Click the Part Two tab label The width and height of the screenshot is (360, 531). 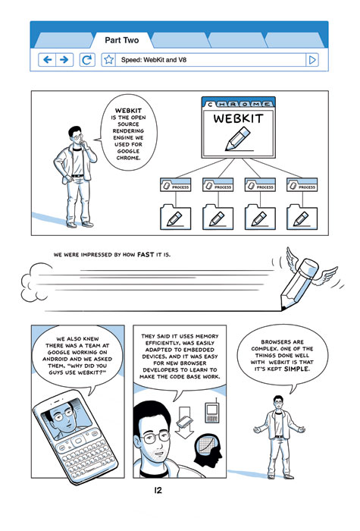[x=122, y=40]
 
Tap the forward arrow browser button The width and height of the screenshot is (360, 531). [x=64, y=60]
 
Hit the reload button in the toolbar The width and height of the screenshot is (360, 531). [x=87, y=60]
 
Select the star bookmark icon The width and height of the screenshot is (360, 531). [x=108, y=60]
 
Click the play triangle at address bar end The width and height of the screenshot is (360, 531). [x=312, y=60]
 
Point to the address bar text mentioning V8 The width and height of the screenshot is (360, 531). [x=154, y=60]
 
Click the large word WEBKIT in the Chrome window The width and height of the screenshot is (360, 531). [x=238, y=118]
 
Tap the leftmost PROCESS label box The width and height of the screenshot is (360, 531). [x=175, y=185]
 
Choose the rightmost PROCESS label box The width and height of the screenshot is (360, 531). [x=302, y=185]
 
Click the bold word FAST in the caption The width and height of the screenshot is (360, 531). [x=146, y=254]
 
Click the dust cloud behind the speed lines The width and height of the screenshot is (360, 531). [x=34, y=282]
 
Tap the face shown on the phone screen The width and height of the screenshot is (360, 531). [x=65, y=416]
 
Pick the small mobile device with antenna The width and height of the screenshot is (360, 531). [x=211, y=411]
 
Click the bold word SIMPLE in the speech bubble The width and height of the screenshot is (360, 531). [x=297, y=369]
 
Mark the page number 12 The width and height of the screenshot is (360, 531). [x=158, y=490]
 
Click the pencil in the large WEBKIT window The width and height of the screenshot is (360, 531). [x=237, y=139]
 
